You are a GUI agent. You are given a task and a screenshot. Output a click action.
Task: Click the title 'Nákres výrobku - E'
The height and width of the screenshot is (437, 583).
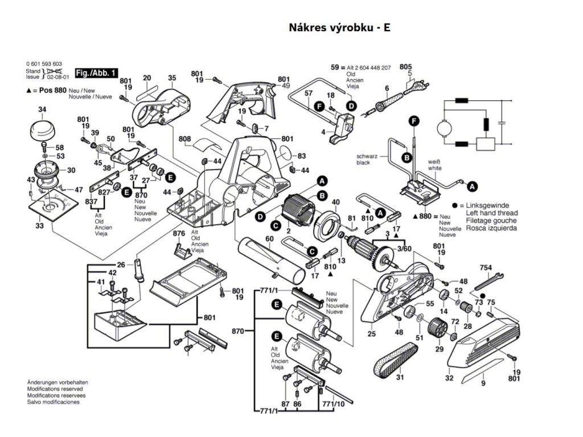point(340,27)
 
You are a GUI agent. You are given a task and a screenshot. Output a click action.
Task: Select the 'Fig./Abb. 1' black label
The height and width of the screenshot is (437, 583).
point(97,72)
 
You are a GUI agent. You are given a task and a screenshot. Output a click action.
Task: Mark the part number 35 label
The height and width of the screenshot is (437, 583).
point(172,78)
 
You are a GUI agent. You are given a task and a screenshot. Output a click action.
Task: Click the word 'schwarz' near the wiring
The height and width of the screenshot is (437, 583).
point(367,156)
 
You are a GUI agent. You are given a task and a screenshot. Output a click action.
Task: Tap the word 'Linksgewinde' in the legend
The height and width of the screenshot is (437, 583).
point(491,205)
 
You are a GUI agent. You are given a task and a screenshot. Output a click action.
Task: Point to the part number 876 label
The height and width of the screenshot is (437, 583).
point(179,233)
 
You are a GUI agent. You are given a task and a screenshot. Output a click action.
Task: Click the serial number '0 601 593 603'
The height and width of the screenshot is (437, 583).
point(44,63)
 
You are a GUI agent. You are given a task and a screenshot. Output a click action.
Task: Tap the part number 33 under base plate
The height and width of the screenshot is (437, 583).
point(39,226)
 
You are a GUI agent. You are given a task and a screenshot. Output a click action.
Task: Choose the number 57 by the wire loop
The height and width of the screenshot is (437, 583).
point(309,93)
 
